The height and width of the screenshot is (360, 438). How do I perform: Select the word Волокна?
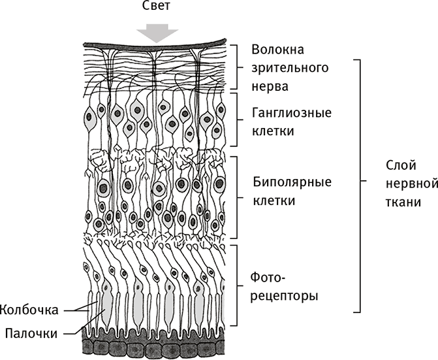[x=279, y=50]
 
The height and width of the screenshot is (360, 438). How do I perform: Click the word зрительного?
[x=290, y=67]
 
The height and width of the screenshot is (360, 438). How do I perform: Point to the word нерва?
[x=270, y=85]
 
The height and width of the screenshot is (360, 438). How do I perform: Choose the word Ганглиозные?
[x=291, y=113]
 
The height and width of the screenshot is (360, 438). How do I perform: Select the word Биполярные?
[x=291, y=181]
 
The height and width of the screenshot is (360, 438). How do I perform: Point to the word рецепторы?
[x=285, y=296]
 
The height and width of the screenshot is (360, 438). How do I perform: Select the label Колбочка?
[x=31, y=308]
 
